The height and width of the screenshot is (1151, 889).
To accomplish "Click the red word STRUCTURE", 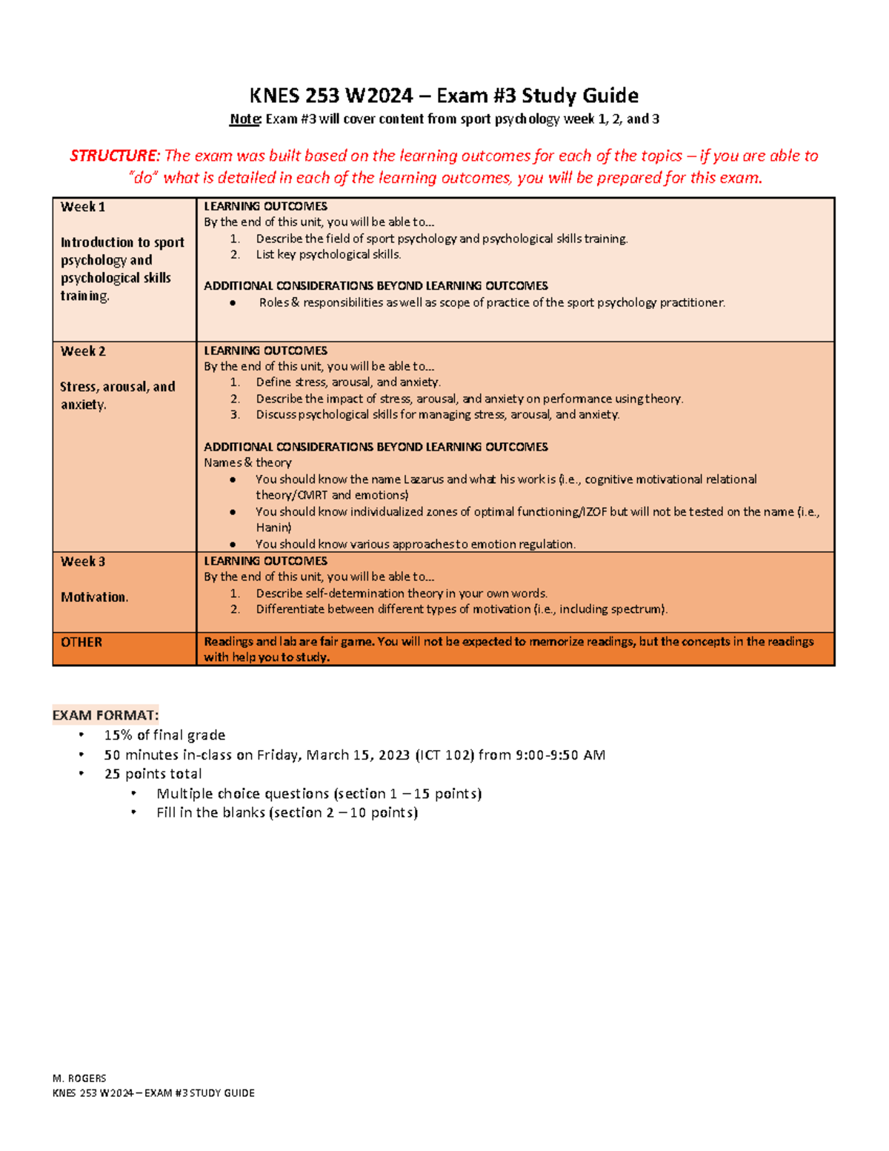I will pos(113,156).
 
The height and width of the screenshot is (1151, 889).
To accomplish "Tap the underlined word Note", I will pos(244,119).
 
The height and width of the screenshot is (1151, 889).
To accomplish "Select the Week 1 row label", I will pos(83,208).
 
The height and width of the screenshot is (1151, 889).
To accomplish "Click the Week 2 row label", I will pos(83,351).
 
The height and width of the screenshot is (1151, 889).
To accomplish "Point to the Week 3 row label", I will pos(83,562).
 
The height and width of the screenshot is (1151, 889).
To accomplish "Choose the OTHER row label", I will pos(81,643).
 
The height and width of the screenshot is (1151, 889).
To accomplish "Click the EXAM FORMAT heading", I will pos(105,715).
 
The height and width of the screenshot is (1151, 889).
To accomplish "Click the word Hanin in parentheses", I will pos(273,528).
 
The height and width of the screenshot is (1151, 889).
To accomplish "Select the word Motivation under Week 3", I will pos(94,597).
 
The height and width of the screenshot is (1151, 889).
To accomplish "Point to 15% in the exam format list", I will pos(119,735).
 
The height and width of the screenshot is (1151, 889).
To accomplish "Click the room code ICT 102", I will pos(444,755).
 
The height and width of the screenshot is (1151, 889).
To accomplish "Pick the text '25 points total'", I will pos(153,774).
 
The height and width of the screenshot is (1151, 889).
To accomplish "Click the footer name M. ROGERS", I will pos(79,1078).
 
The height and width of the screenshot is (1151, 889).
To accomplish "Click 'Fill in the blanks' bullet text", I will pos(210,813).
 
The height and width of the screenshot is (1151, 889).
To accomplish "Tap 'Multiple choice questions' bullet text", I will pos(242,794).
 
